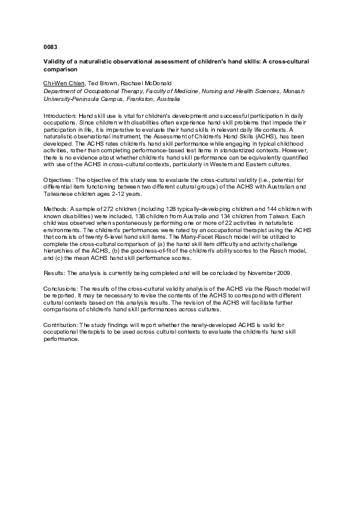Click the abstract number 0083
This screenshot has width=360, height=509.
tap(50, 46)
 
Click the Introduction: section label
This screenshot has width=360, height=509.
tap(60, 114)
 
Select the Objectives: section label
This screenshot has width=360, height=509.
tap(59, 181)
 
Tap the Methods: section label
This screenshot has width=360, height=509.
tap(55, 207)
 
